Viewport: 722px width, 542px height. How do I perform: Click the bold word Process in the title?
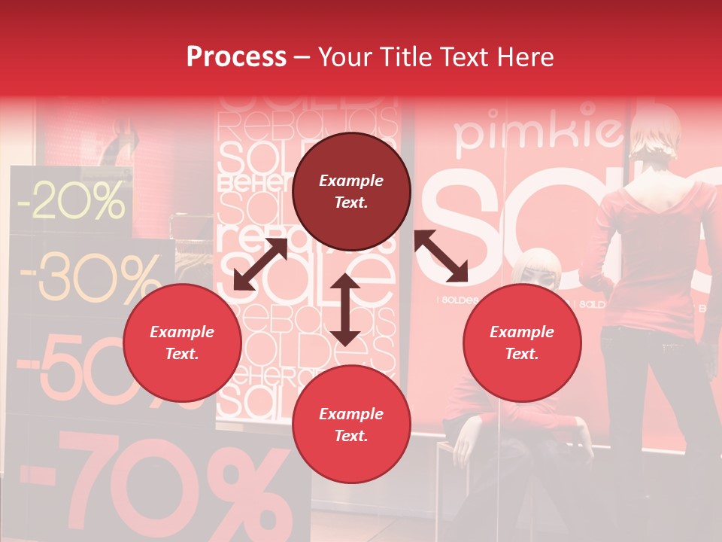[x=236, y=56]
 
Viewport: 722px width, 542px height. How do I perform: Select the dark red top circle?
[x=351, y=191]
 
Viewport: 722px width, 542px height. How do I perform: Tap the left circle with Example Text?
[x=182, y=343]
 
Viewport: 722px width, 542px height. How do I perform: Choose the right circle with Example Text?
[x=522, y=343]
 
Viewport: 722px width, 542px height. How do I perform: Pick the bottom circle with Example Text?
[x=351, y=425]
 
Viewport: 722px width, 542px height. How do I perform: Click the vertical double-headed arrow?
[x=345, y=309]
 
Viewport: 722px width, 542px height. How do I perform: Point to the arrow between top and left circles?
[x=260, y=263]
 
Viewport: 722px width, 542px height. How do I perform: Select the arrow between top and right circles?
[x=441, y=256]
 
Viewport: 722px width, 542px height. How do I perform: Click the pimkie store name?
[x=538, y=132]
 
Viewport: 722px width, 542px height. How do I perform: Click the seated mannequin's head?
[x=537, y=271]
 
